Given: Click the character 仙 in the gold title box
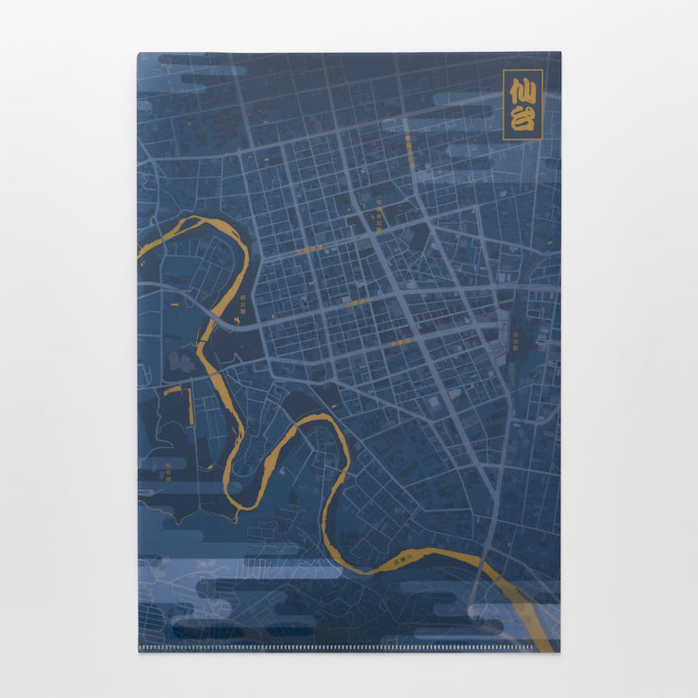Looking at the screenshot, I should [523, 91].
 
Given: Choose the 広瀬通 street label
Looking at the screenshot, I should [357, 304].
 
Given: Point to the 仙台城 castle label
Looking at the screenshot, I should [168, 467].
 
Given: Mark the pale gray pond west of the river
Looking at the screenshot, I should [179, 358].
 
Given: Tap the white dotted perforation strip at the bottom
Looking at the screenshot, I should [349, 648].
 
